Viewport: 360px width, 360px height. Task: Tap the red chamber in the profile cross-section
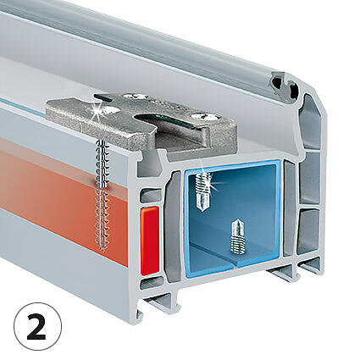pos(150,240)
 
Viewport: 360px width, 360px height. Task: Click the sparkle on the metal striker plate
pos(96,111)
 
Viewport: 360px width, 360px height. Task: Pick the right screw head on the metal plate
pos(204,115)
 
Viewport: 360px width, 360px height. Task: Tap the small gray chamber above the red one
pos(151,196)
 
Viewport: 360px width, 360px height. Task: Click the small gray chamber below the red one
pos(152,282)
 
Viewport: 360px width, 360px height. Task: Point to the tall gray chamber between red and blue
pos(173,227)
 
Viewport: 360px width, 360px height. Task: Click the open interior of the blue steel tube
pos(232,214)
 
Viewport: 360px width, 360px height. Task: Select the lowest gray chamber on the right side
pos(308,231)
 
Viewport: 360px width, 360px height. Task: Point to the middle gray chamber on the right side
pos(309,178)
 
